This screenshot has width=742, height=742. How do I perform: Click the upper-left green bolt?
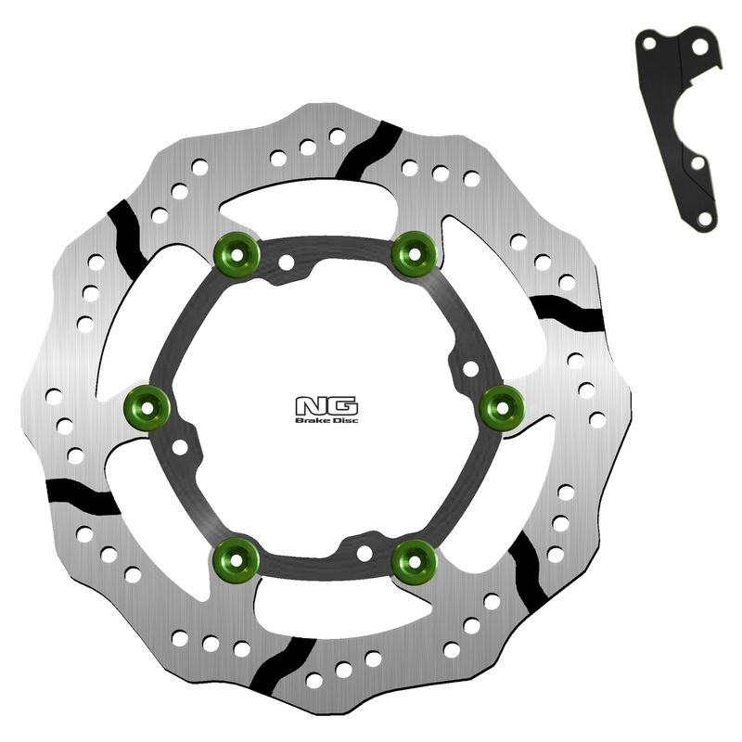tap(237, 255)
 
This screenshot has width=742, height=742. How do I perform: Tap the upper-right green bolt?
tap(414, 254)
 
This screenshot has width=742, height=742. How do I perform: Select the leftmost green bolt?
tap(147, 408)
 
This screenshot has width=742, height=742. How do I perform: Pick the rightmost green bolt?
tap(502, 408)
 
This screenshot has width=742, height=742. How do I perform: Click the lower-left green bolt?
tap(237, 560)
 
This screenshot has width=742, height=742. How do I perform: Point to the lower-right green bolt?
tap(414, 562)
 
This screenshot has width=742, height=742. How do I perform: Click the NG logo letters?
tap(326, 406)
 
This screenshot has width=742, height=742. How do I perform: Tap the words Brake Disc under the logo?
tap(326, 420)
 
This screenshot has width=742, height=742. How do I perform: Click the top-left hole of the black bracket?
tap(649, 44)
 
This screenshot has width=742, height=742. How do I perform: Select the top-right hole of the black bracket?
tap(700, 47)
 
